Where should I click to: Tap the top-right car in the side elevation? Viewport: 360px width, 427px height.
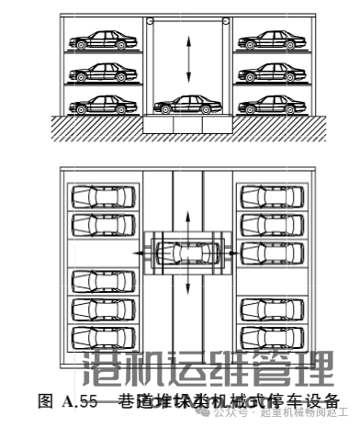click(266, 40)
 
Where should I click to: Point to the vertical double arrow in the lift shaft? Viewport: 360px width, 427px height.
click(188, 60)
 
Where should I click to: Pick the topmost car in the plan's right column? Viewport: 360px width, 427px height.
click(272, 197)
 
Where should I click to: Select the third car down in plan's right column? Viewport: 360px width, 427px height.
click(272, 252)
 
